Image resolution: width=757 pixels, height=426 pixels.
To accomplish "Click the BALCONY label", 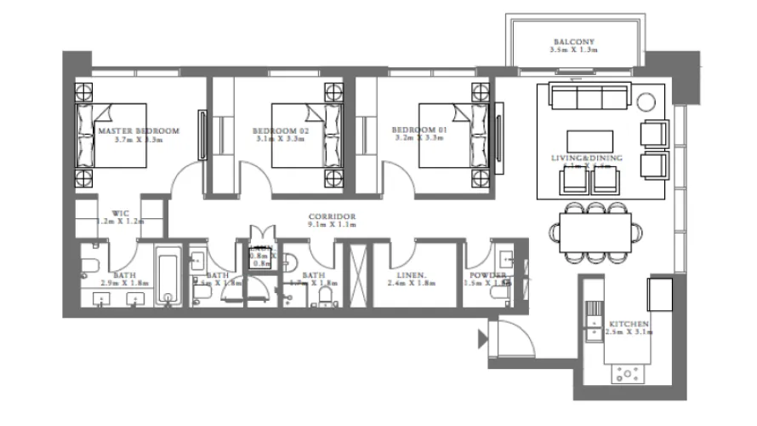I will point(573,42).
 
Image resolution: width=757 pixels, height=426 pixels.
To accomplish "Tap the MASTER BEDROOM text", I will point(139,131).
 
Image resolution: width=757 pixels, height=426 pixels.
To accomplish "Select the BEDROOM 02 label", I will point(278,131).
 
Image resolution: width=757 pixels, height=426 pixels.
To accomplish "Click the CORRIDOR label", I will point(332,217).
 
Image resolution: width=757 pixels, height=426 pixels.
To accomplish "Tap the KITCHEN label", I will point(629,325).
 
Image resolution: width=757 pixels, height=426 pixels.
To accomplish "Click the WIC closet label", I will point(120,214).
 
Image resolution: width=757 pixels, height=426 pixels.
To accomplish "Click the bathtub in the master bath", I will point(168,276).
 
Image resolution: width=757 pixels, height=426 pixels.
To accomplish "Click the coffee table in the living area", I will point(589,141).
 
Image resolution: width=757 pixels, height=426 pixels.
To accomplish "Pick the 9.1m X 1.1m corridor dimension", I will point(332,227).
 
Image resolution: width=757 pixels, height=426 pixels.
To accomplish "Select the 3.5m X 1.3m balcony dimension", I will point(573,51).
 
